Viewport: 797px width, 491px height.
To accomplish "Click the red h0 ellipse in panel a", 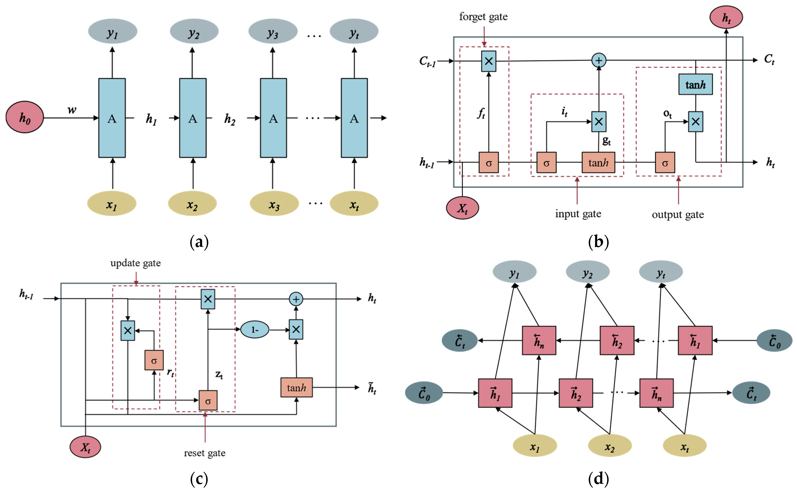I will [25, 117].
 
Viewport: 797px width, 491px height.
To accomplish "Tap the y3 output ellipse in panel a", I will [273, 32].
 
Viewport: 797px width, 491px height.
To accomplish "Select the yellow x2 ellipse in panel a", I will [192, 204].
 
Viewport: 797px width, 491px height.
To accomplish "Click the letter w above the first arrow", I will [72, 110].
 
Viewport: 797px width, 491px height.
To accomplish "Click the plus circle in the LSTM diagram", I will [599, 60].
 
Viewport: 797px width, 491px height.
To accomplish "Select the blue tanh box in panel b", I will [695, 84].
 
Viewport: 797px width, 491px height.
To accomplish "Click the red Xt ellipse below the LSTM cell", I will [462, 208].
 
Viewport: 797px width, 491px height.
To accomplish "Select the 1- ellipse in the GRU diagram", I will [255, 330].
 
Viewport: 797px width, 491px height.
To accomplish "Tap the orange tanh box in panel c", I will [296, 387].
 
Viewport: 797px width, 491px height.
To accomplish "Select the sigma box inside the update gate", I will [154, 360].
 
